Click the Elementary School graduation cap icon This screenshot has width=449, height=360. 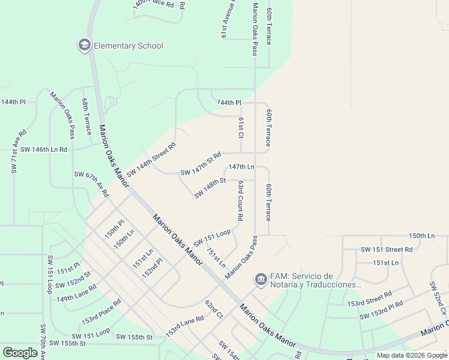[83, 45]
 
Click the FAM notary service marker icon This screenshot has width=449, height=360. [261, 279]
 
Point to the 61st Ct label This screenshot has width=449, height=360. [241, 127]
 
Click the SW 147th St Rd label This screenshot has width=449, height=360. [201, 163]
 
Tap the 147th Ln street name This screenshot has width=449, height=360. [241, 166]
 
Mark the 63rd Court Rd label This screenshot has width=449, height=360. [240, 200]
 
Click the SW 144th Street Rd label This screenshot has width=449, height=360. [151, 159]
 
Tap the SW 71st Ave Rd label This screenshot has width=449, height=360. [18, 152]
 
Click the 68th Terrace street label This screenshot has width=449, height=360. [86, 116]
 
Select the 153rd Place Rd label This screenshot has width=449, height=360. [101, 310]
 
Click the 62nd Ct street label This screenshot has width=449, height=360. [214, 310]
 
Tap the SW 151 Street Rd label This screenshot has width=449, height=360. [387, 249]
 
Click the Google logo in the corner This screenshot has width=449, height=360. [20, 352]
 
